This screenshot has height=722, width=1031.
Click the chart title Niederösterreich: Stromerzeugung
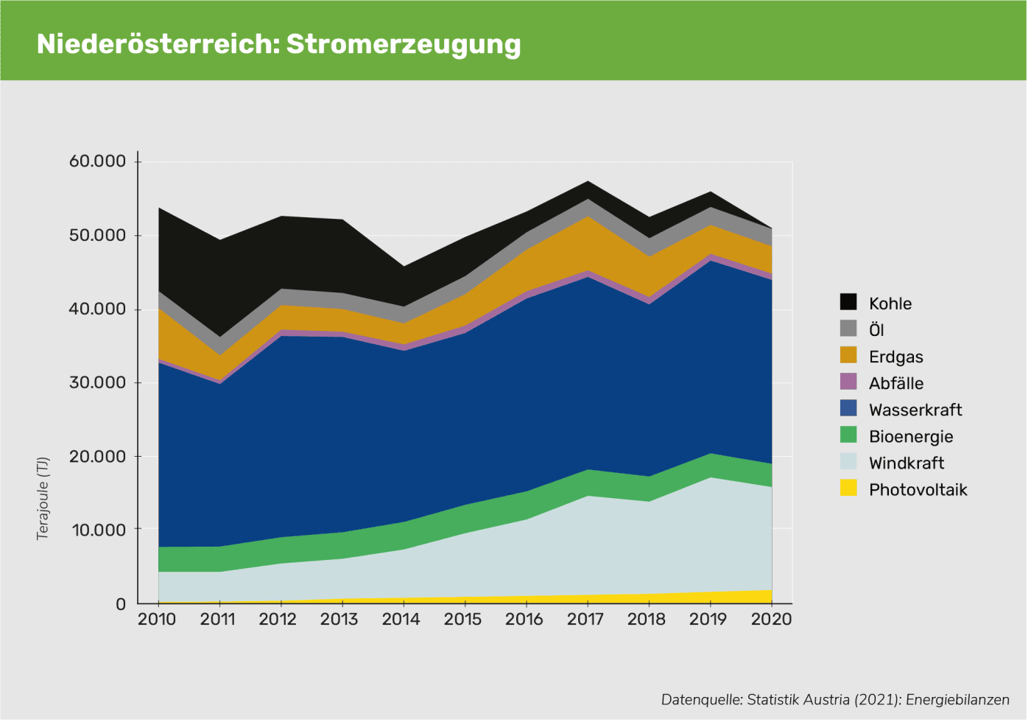(278, 44)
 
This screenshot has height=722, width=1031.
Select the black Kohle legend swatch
(848, 303)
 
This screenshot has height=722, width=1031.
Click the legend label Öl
(876, 330)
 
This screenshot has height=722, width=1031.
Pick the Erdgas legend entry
(895, 357)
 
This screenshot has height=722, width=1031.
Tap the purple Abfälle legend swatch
(848, 382)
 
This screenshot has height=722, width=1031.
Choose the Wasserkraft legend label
(915, 410)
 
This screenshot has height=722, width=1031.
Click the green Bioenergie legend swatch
(848, 435)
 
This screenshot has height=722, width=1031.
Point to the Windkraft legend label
(906, 463)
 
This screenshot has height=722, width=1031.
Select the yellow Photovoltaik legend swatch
(848, 489)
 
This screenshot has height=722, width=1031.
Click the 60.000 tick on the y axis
(95, 161)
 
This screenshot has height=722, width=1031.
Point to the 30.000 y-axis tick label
(95, 382)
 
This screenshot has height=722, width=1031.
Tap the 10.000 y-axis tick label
(95, 530)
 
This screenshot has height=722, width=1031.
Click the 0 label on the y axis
(121, 604)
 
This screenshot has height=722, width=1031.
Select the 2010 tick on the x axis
(157, 619)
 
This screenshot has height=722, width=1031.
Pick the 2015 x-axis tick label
(464, 619)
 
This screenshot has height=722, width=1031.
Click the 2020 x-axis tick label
(771, 619)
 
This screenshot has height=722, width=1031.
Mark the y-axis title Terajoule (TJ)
(43, 499)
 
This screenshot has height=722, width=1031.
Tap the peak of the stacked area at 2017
(587, 181)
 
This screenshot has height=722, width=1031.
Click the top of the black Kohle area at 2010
(158, 208)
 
